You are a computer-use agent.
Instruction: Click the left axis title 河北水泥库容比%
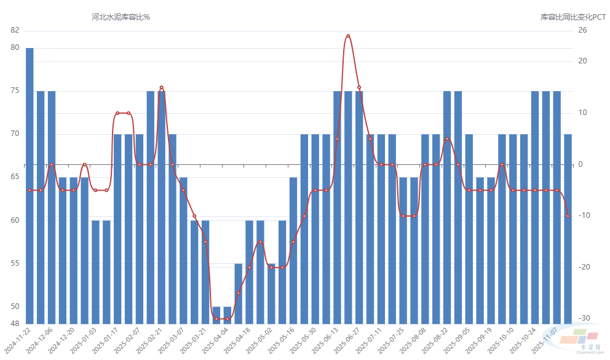121,17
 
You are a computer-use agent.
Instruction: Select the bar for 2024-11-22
30,185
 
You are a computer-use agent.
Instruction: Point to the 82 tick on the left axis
15,30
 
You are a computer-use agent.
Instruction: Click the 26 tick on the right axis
583,30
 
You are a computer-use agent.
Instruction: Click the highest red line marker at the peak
348,36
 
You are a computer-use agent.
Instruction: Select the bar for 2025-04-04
228,314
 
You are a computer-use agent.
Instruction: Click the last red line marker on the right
568,216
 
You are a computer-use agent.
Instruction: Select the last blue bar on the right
568,228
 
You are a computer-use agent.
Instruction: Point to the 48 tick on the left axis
15,324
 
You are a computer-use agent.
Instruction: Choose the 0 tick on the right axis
580,164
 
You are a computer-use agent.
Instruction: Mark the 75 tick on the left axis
15,90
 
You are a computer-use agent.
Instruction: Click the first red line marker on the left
30,190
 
